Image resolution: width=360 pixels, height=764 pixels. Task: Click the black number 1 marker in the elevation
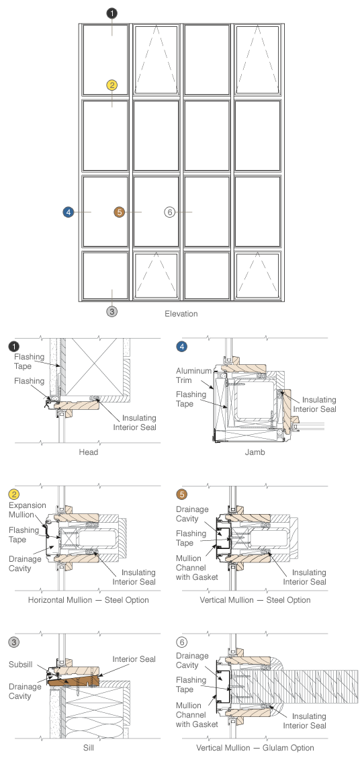point(112,13)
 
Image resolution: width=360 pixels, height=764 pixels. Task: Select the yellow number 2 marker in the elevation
point(112,85)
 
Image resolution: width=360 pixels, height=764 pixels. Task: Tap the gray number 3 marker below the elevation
point(112,311)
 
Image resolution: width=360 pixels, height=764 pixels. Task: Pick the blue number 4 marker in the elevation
point(68,212)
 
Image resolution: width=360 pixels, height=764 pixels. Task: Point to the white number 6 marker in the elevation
point(169,212)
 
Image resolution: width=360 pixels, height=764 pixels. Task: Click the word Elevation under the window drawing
point(181,314)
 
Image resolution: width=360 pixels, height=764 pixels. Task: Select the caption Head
point(89,452)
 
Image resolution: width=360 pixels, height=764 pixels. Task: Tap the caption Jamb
point(256,452)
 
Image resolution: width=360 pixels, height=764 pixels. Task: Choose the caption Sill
point(89,747)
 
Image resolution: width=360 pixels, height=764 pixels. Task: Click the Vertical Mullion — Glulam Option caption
point(255,747)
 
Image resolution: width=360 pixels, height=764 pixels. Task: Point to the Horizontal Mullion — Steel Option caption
point(88,599)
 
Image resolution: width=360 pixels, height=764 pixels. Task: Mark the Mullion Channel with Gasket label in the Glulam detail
point(196,715)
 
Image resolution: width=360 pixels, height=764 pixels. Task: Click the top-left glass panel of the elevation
point(105,60)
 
